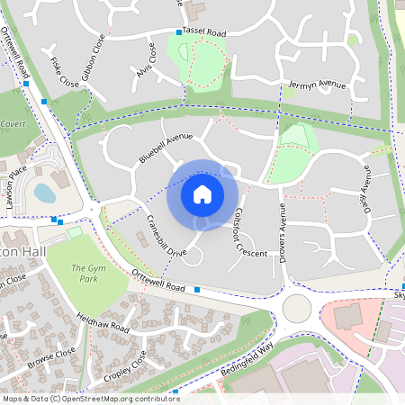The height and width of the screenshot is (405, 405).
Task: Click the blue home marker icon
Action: click(202, 193)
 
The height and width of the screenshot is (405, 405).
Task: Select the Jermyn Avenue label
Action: click(317, 85)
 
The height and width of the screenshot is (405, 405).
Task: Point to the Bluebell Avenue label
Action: click(166, 148)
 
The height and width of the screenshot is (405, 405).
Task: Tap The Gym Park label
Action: click(86, 274)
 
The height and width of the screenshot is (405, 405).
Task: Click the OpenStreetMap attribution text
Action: click(91, 399)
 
